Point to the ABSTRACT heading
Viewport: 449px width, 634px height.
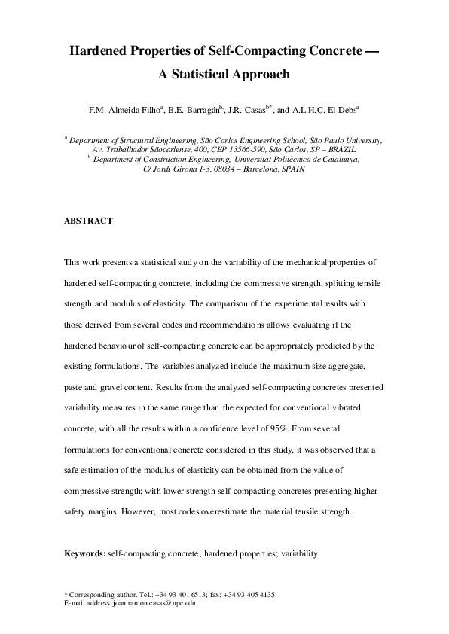point(88,221)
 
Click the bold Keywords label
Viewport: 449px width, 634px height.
point(85,553)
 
